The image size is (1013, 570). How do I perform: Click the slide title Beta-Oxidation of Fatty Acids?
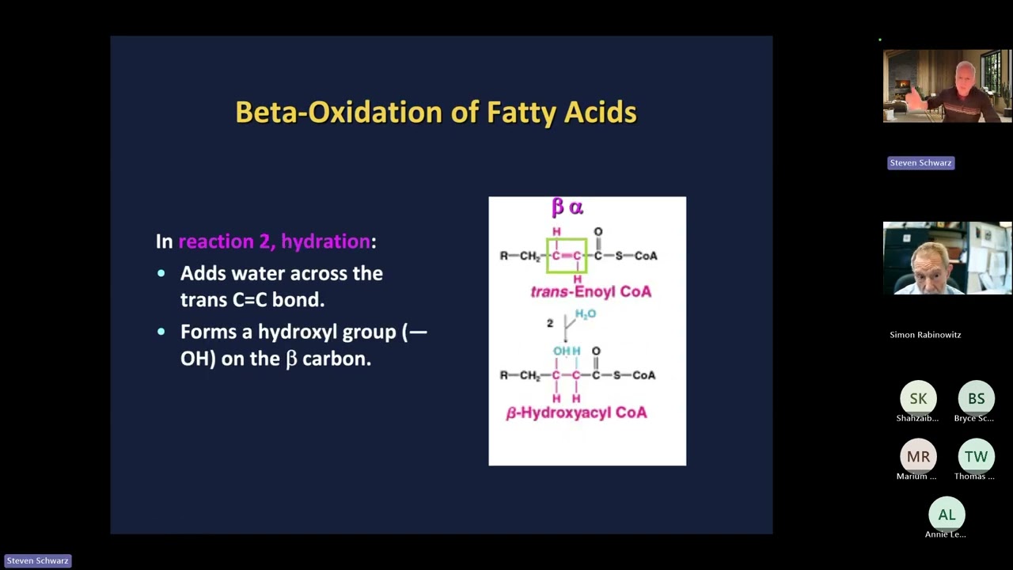[436, 112]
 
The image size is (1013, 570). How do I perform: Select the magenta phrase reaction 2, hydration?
[274, 241]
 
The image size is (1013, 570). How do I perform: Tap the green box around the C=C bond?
[567, 255]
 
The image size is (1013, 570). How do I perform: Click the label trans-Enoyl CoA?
[591, 291]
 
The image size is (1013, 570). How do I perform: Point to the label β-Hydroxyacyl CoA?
[576, 412]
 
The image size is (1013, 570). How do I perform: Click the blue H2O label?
[586, 314]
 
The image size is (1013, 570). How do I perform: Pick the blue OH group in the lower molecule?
[561, 351]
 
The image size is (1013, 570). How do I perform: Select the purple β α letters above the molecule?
[567, 207]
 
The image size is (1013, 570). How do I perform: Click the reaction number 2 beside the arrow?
[550, 323]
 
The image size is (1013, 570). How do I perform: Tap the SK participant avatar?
[918, 399]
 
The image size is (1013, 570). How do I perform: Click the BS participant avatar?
[976, 399]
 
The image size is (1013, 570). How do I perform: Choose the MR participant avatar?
[918, 457]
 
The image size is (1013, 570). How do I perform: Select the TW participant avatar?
[976, 457]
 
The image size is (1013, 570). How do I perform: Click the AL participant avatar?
[947, 515]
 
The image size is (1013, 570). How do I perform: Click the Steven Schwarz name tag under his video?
[920, 163]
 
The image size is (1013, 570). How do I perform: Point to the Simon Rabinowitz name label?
[925, 335]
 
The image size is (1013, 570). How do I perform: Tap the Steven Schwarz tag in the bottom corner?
[37, 560]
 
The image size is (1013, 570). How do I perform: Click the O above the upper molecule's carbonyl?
[598, 232]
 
